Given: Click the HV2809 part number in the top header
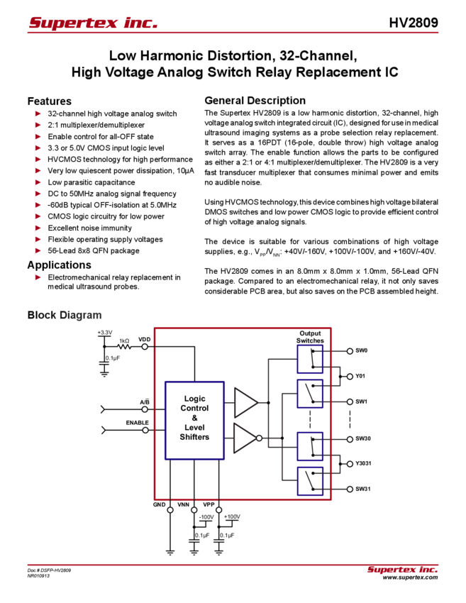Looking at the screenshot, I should click(413, 23).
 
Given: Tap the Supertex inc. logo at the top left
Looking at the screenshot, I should click(93, 23).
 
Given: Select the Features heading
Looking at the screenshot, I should click(49, 101).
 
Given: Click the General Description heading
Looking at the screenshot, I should click(255, 101).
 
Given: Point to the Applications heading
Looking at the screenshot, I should click(59, 265).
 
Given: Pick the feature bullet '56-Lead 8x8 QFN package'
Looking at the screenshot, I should click(93, 250).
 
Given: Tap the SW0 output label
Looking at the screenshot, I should click(361, 350).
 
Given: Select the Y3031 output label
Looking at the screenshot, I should click(363, 463).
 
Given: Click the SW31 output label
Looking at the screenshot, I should click(362, 489).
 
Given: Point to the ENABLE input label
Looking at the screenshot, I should click(137, 423).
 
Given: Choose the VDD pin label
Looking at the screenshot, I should click(144, 340).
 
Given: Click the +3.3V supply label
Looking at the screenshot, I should click(105, 332).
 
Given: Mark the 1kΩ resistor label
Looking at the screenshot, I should click(123, 341).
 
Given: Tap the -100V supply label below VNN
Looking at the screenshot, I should click(206, 517).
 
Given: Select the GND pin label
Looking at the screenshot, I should click(159, 505).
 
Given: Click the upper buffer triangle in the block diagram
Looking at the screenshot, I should click(245, 402).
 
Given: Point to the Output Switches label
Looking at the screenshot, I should click(310, 337).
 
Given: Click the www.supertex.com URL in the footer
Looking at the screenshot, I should click(410, 577).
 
